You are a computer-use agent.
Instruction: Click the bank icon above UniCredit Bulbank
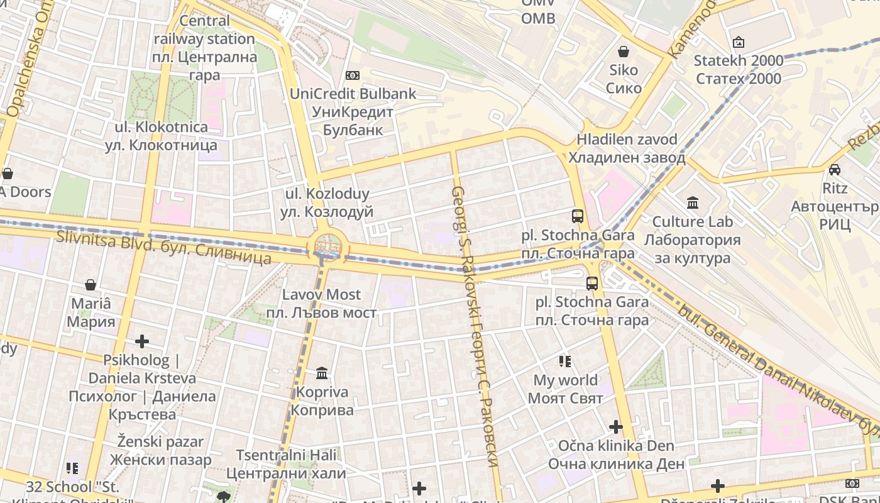pos(353,75)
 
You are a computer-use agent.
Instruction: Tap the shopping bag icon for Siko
pos(624,52)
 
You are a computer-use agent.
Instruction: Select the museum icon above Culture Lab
pos(693,202)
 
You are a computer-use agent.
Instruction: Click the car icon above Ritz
pos(835,169)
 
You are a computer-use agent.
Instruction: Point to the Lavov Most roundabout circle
pos(327,246)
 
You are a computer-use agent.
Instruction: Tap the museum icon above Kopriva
pos(322,373)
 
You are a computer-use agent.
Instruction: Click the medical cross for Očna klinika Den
pos(615,428)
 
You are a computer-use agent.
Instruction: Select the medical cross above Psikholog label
pos(142,341)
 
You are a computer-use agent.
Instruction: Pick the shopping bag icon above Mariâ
pos(91,285)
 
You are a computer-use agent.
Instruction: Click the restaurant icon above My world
pos(565,361)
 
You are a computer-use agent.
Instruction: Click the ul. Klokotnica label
pos(161,136)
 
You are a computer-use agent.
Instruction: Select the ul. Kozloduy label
pos(327,202)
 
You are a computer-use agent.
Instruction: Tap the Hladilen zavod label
pos(627,148)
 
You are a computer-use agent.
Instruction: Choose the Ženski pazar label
pos(161,450)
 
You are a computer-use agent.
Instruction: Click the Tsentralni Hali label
pos(286,464)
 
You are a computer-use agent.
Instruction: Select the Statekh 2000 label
pos(739,70)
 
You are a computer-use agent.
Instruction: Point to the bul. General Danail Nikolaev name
pos(779,371)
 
